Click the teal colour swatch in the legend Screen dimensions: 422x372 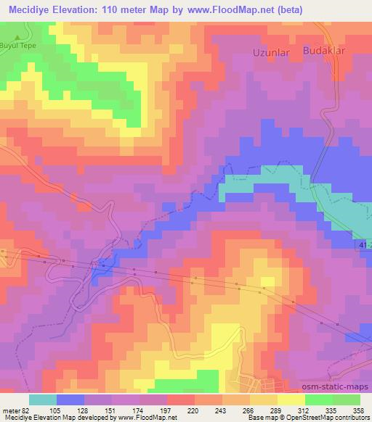(42, 400)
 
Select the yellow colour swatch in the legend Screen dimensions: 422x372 (291, 400)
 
